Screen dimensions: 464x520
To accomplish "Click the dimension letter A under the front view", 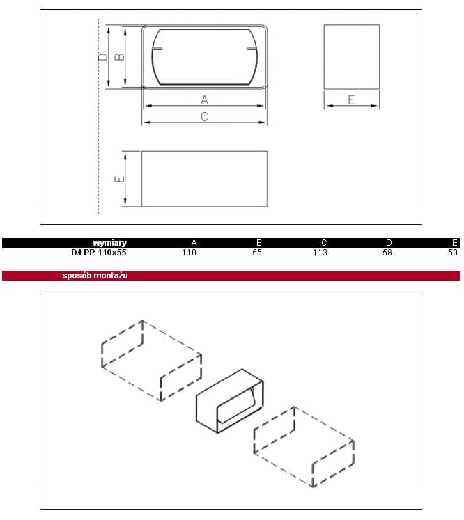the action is click(x=204, y=100).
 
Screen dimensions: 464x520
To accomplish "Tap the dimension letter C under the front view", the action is click(x=204, y=117).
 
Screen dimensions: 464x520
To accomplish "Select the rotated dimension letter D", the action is click(x=103, y=57).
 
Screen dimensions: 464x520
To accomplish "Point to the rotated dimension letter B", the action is click(x=119, y=57).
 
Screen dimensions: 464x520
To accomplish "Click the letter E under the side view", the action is click(x=351, y=100).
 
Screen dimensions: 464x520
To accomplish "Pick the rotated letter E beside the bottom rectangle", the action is click(x=119, y=179).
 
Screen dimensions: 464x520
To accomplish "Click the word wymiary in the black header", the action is click(x=109, y=243).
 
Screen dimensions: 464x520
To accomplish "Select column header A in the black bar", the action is click(x=194, y=243).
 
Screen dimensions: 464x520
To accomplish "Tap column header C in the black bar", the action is click(x=324, y=243).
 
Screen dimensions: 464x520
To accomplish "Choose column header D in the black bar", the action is click(x=389, y=243).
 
